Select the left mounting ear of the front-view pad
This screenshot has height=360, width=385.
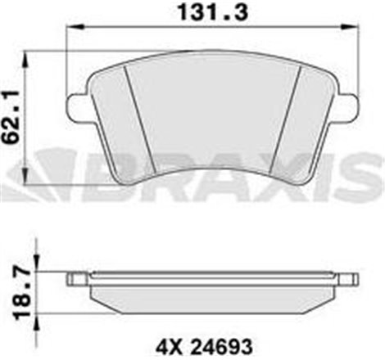point(78,106)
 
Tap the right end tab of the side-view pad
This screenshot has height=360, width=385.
point(351,280)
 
